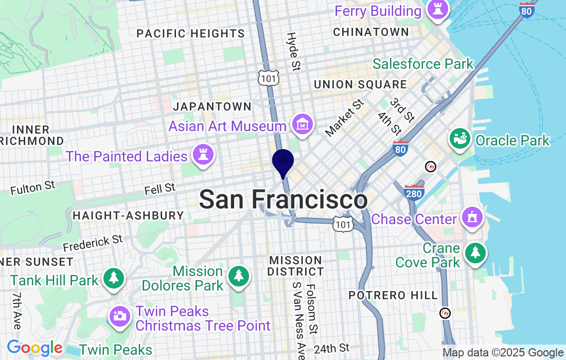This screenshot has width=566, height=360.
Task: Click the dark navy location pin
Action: tap(282, 162)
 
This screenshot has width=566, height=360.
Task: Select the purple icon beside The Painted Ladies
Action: tap(203, 155)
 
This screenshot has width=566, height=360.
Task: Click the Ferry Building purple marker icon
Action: tap(438, 9)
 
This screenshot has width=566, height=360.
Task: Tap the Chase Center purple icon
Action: tap(471, 218)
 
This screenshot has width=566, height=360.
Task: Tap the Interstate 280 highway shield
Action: tap(414, 192)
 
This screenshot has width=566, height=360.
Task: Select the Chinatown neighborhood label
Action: tap(371, 32)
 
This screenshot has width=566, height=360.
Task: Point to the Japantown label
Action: tap(213, 107)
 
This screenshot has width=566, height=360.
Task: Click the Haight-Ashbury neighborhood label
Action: tap(128, 215)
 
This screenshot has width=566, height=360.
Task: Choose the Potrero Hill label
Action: tap(393, 295)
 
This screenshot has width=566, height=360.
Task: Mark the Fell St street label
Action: tap(160, 189)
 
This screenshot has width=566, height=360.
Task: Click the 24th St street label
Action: tap(331, 349)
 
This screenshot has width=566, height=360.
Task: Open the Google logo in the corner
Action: tap(34, 348)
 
